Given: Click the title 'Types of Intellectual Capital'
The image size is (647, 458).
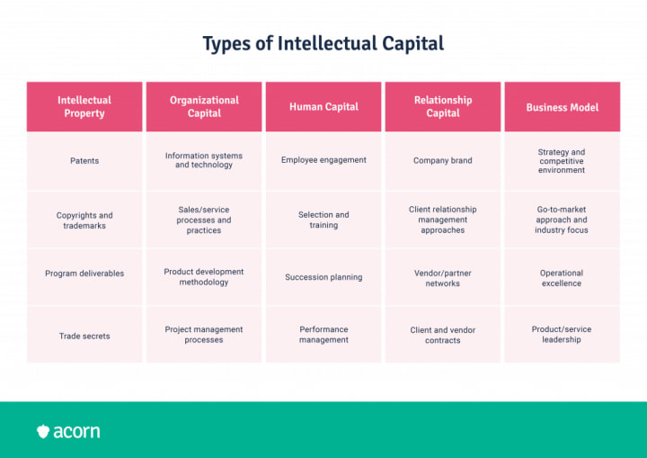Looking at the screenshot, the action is (323, 43).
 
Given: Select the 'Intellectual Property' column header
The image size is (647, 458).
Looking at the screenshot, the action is (84, 107).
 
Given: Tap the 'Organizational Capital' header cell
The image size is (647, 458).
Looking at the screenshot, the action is (204, 107).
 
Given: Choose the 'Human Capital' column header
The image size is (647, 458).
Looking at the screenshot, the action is (323, 107).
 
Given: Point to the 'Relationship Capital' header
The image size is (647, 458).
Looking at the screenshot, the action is (443, 107).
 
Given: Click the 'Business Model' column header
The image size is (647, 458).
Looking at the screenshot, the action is (562, 107).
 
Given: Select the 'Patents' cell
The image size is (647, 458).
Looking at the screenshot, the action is (84, 161).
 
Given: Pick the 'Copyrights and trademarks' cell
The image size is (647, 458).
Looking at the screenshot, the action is (84, 220).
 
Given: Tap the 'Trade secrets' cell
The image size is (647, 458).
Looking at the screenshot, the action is (84, 336).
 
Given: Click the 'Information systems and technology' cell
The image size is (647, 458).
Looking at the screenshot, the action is (204, 160).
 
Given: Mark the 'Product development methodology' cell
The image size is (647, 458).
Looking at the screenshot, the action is (204, 277).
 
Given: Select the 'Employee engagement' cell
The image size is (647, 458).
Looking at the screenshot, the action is (323, 160).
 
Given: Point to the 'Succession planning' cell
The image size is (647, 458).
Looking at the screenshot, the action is (323, 277).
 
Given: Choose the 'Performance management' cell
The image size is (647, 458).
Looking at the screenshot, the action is (323, 335).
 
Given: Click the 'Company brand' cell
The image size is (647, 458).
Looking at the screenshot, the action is (443, 161).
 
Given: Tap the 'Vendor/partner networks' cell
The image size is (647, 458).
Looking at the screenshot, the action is (443, 278).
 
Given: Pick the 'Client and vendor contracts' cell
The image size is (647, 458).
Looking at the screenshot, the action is (443, 336).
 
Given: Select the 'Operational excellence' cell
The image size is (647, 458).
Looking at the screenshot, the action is (562, 278).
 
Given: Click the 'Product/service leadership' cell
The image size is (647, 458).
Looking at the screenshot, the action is (562, 335).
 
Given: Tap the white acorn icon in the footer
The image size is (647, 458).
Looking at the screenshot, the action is (43, 432).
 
